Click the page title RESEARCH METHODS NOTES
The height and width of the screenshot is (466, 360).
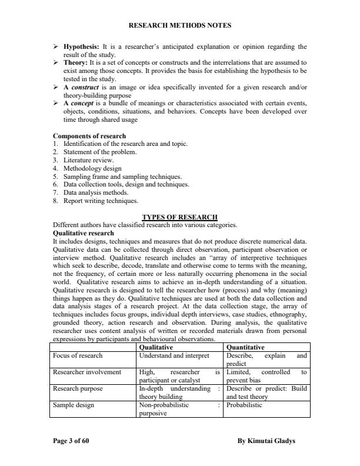(179, 25)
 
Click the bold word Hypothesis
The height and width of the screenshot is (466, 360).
(82, 46)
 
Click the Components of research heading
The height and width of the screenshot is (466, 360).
(89, 136)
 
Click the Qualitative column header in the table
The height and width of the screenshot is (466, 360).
(156, 348)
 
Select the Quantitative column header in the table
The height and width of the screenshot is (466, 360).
(245, 348)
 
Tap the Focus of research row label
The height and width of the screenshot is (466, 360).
(78, 356)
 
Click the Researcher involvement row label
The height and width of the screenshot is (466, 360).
(87, 372)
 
